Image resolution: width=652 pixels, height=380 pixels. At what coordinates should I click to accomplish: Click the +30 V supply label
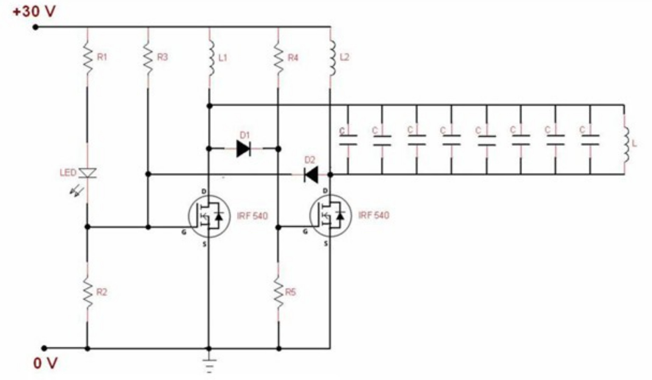(x=34, y=11)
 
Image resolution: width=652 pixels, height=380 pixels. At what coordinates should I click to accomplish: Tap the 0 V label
(x=45, y=363)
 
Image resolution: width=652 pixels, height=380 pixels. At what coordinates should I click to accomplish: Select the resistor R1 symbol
(x=87, y=59)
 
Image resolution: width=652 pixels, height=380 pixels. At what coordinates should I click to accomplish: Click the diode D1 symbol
(x=243, y=149)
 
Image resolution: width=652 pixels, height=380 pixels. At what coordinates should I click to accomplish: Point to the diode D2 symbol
(x=311, y=174)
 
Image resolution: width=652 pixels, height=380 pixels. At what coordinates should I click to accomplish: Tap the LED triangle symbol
(x=88, y=173)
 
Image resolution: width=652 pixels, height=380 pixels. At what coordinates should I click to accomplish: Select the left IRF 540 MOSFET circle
(x=209, y=216)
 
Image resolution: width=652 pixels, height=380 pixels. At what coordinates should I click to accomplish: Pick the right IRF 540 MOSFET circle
(x=330, y=216)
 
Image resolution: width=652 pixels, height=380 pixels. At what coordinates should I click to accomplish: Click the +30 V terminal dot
(x=36, y=27)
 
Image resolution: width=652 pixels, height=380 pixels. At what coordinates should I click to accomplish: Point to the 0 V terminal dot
(x=44, y=348)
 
